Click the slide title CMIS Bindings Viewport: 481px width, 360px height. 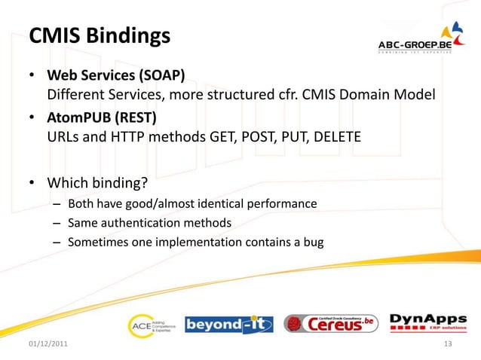pyautogui.click(x=99, y=35)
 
